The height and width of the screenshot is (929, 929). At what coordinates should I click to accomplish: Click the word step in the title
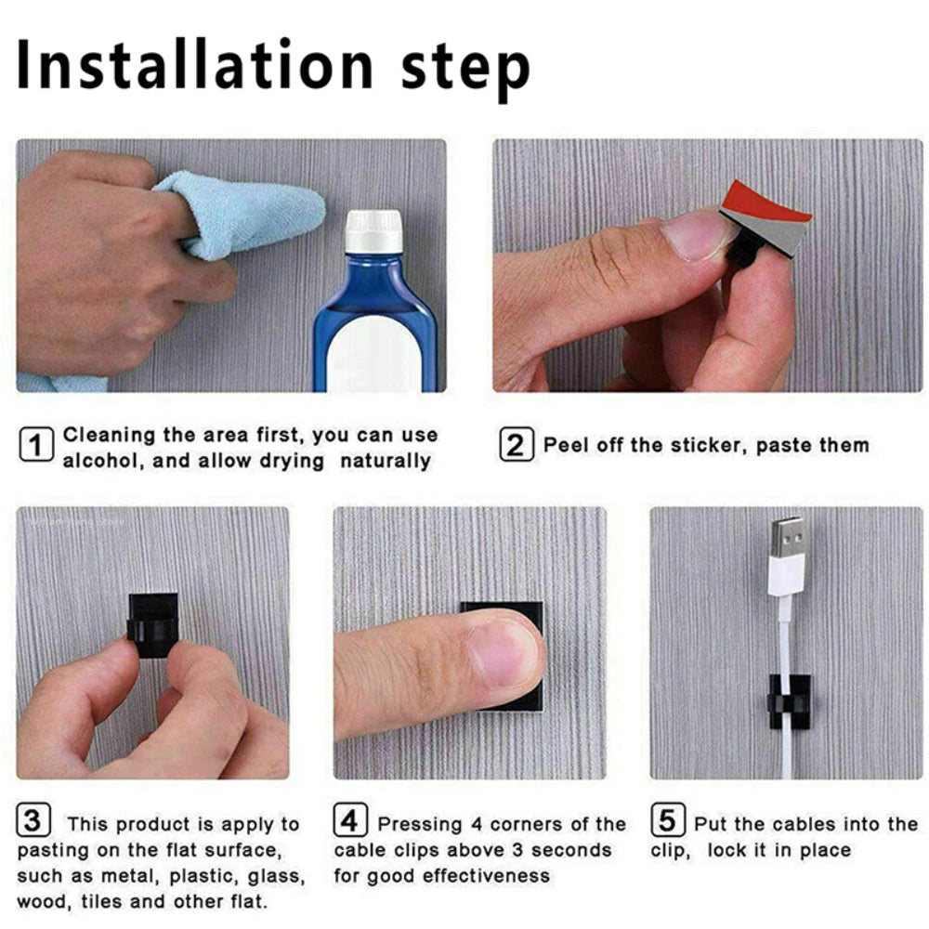click(x=464, y=67)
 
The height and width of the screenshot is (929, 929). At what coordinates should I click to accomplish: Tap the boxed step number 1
click(x=36, y=446)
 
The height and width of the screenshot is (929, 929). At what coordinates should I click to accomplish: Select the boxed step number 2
click(x=515, y=445)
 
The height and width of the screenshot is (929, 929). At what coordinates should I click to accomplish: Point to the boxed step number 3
click(x=33, y=821)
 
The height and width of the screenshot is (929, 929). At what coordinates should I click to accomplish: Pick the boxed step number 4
click(x=349, y=821)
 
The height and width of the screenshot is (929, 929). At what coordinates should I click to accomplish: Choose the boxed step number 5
click(x=666, y=821)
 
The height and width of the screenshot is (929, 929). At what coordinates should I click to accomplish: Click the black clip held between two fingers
click(x=151, y=624)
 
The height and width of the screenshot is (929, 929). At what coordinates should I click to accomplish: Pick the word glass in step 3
click(x=275, y=875)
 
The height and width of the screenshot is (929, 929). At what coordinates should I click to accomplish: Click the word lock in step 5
click(x=729, y=849)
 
